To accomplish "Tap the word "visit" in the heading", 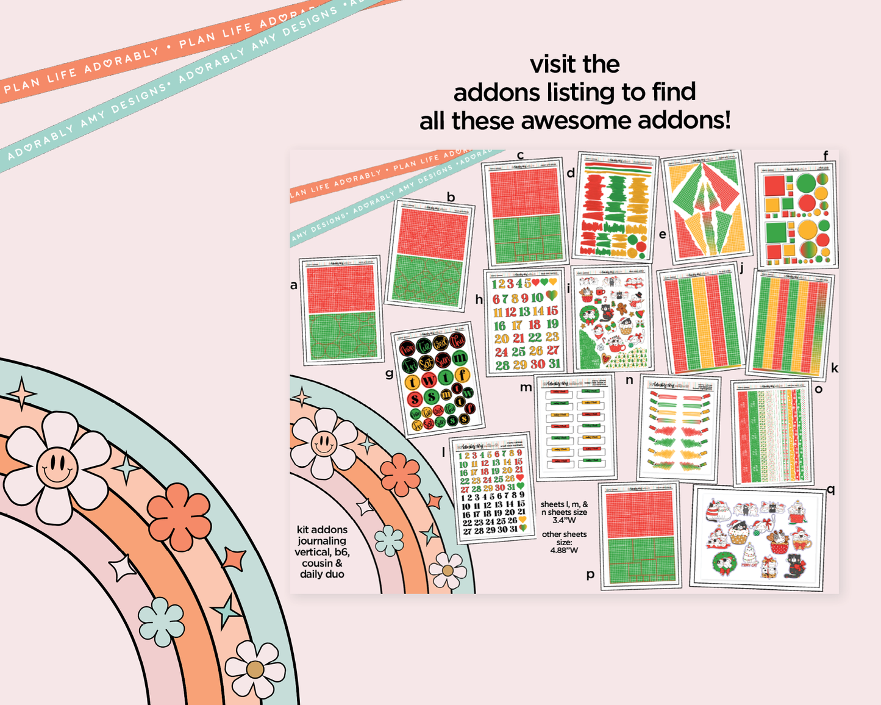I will tap(551, 65).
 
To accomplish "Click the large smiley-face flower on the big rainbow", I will tap(57, 467).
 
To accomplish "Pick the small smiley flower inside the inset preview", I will tap(324, 443).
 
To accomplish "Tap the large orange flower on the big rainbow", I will tap(179, 516).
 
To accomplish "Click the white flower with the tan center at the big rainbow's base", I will tap(255, 669).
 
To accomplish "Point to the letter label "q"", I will tap(830, 489).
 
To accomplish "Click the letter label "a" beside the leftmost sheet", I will tap(294, 285).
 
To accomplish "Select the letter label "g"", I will tap(389, 373).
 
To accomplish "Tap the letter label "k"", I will tap(834, 368).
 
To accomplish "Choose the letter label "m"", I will tap(526, 387).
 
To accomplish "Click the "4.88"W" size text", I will tap(564, 550).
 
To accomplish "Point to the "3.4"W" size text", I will tap(564, 520).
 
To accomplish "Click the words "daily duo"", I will tap(322, 574).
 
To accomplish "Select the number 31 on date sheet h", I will tap(554, 363).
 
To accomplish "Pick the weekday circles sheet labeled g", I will tap(438, 379).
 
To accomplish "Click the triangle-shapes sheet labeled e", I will tap(706, 207).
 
